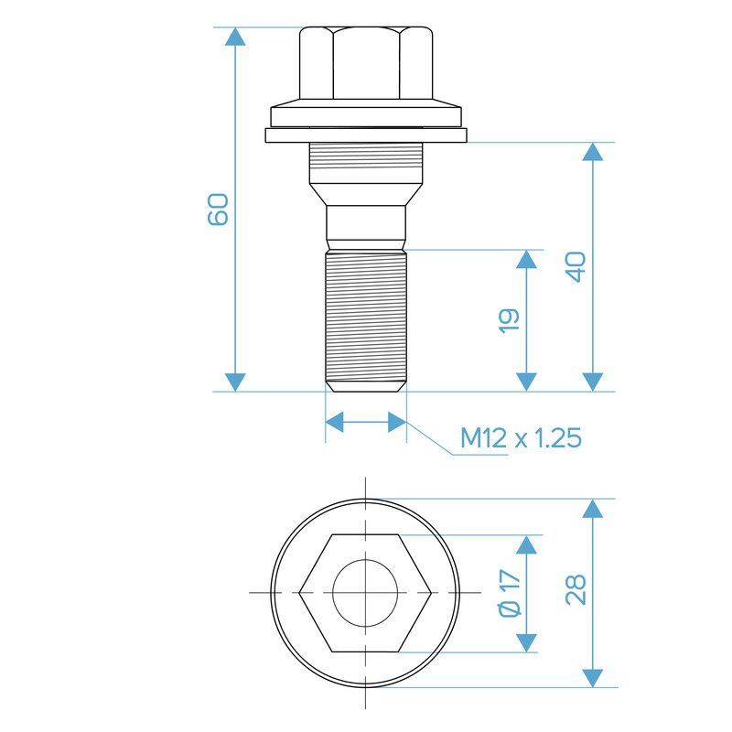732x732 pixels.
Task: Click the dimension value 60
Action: click(218, 210)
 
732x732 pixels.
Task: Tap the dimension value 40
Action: click(576, 267)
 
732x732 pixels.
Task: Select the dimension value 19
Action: click(509, 321)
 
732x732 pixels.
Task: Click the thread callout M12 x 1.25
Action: click(521, 438)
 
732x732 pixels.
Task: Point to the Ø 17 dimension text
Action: click(510, 593)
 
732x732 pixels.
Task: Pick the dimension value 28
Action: click(576, 589)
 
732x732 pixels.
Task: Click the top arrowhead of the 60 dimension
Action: click(235, 37)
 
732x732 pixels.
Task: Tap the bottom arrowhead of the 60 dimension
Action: click(235, 382)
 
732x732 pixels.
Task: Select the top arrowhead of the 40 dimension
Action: click(593, 152)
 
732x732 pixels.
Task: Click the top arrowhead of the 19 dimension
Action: click(527, 259)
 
